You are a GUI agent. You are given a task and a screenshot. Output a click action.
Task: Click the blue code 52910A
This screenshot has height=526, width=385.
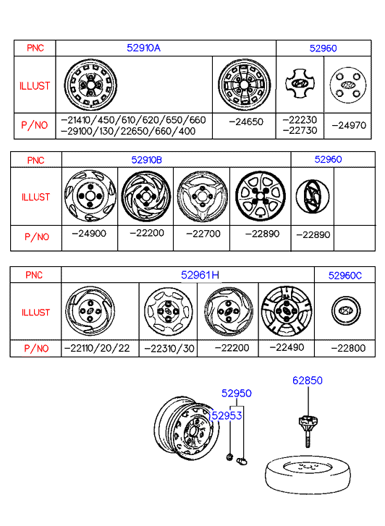(x=143, y=48)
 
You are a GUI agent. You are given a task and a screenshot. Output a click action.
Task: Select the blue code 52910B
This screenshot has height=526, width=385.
(x=146, y=160)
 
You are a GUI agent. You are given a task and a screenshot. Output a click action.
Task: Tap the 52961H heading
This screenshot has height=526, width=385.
(x=200, y=275)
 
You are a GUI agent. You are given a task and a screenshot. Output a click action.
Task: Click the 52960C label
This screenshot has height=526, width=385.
(x=344, y=276)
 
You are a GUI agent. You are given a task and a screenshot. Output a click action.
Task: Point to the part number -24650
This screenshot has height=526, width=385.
(x=246, y=122)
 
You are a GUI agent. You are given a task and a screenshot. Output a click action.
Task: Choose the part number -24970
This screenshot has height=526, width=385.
(x=349, y=125)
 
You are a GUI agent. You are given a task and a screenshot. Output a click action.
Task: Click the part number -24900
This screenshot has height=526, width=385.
(x=89, y=233)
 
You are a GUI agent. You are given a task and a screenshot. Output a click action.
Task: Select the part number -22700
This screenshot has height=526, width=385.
(x=203, y=234)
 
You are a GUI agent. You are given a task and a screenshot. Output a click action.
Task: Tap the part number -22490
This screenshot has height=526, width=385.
(x=287, y=347)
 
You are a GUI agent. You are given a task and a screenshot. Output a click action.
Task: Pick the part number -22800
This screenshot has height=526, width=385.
(x=348, y=348)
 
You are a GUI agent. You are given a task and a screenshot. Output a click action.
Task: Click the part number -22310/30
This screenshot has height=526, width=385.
(x=169, y=349)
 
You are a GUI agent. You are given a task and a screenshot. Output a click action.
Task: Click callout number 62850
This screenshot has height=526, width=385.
(x=307, y=381)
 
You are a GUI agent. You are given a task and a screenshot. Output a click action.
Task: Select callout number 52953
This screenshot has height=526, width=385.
(x=226, y=415)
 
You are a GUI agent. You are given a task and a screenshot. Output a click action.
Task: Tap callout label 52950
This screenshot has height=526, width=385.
(x=237, y=393)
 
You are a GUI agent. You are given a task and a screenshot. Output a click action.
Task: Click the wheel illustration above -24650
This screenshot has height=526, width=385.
(x=245, y=85)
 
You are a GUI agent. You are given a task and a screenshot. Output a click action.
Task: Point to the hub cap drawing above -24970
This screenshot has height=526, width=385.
(x=348, y=85)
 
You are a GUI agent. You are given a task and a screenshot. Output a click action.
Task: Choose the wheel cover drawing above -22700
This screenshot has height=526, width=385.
(x=203, y=196)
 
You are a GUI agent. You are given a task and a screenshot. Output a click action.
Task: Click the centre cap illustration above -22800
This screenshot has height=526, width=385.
(x=346, y=310)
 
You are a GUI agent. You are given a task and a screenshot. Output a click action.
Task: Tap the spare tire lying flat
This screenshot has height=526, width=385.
(x=308, y=475)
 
